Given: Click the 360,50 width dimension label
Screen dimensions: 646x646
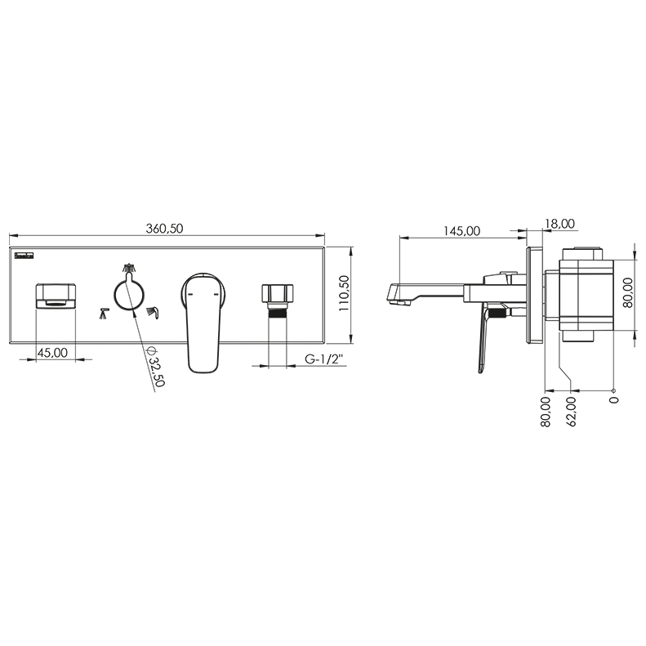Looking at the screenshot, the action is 164,228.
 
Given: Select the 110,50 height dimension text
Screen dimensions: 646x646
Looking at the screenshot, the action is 345,293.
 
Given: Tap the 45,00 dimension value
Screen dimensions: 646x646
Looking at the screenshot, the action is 52,353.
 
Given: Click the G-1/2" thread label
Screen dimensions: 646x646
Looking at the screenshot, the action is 324,359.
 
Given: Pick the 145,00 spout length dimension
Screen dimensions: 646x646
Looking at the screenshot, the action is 461,230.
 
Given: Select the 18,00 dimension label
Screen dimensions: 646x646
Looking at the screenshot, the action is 560,224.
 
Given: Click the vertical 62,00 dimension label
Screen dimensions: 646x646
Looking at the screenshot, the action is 572,411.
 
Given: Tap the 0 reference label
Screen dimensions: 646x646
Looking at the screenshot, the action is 614,399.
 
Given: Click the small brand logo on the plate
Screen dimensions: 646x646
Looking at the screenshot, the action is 24,256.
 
